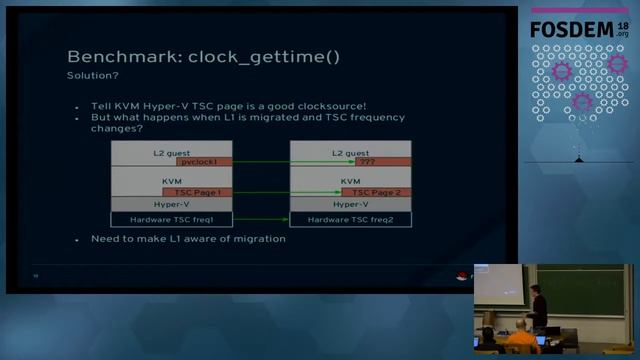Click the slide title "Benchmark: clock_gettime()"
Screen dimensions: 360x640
[203, 56]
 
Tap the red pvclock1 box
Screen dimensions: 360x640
[204, 161]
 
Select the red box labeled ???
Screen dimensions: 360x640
[384, 161]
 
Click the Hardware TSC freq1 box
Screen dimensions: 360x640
[171, 218]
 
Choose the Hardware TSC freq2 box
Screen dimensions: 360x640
[351, 218]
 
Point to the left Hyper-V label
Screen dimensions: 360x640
[171, 204]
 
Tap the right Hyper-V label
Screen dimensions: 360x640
[351, 204]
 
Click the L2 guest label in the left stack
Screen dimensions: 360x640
[171, 152]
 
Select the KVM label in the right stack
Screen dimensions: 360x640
[351, 181]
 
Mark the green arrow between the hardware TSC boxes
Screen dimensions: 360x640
[261, 218]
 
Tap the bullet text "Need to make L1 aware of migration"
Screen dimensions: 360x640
[188, 239]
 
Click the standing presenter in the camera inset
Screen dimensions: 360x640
[538, 305]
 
